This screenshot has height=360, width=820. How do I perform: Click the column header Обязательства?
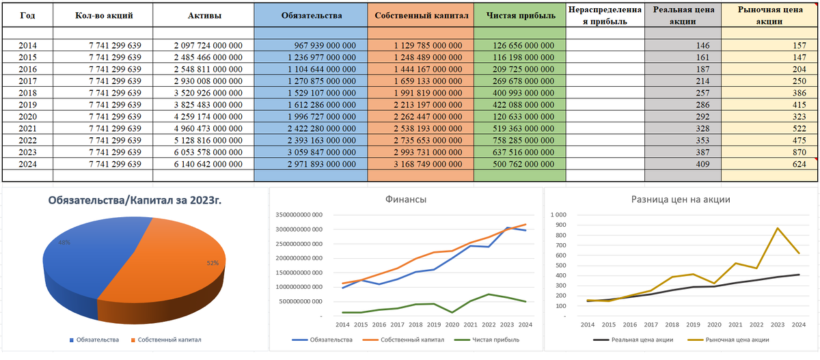pos(310,15)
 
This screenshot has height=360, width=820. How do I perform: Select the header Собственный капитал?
pos(420,15)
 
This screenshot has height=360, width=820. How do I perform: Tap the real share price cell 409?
pos(703,163)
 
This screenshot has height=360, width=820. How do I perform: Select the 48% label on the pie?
pos(64,243)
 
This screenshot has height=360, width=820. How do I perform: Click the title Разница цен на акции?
pos(681,199)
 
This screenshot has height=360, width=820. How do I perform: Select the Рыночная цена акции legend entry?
pos(734,340)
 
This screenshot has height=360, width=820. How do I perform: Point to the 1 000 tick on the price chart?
pos(558,215)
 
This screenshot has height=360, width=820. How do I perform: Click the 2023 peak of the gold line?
pos(776,228)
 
